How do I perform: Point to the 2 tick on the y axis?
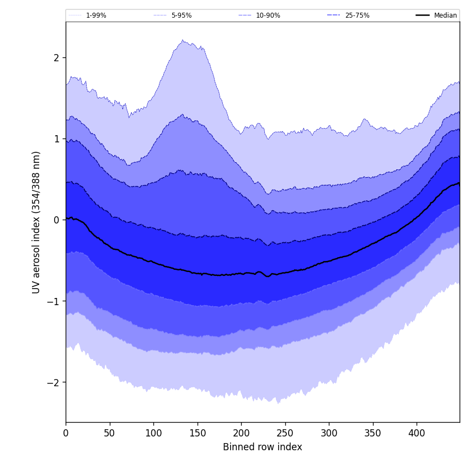click(x=56, y=58)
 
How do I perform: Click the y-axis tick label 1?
click(x=56, y=139)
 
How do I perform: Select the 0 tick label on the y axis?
click(x=56, y=220)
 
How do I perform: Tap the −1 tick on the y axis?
click(x=54, y=301)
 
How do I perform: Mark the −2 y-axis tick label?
click(x=54, y=382)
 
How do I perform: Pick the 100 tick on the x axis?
click(x=153, y=433)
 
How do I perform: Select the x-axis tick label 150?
click(x=198, y=433)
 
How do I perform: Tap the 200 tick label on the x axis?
click(x=241, y=433)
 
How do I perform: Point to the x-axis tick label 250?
click(x=285, y=433)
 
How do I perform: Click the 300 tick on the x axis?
click(x=329, y=433)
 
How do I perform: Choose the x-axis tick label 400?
click(x=417, y=433)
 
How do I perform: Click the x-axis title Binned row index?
click(x=263, y=447)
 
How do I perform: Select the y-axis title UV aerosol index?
click(x=36, y=222)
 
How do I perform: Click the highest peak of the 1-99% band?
click(x=182, y=40)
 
